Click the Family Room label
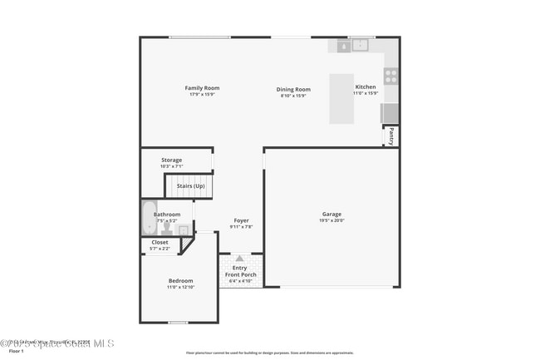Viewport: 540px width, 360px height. point(202,88)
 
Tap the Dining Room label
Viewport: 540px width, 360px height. point(293,90)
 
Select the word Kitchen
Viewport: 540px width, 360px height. point(366,87)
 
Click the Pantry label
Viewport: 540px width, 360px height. point(391,136)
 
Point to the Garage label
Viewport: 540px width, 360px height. point(331,215)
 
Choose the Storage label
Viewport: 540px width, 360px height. point(171,160)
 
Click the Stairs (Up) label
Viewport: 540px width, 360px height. point(190,186)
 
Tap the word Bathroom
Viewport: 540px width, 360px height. point(166,215)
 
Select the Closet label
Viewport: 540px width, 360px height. point(160,243)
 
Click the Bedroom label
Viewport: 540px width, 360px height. point(180,281)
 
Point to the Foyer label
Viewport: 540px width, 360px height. point(241,220)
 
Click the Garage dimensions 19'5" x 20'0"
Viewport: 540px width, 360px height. point(331,220)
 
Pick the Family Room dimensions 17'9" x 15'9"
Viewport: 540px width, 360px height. point(202,95)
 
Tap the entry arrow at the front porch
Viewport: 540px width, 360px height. point(240,259)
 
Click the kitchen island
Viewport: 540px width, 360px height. point(341,98)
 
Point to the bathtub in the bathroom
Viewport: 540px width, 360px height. point(149,218)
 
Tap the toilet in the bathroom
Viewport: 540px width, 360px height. point(166,225)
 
